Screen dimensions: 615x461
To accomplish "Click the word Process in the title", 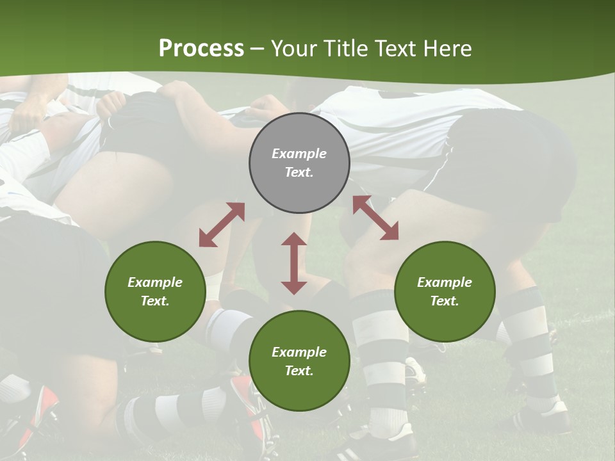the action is click(x=201, y=48).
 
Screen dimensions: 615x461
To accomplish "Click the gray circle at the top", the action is click(x=299, y=163).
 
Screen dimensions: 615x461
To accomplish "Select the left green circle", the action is click(x=155, y=291).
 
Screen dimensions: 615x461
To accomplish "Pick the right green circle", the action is click(x=445, y=291).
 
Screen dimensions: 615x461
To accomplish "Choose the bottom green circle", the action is click(x=299, y=360).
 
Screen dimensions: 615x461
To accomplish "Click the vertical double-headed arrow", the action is click(x=294, y=263).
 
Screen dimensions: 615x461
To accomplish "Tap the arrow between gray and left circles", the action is click(x=222, y=225).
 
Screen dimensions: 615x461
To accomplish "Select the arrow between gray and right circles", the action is click(x=376, y=218).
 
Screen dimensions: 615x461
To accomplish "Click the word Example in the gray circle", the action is click(x=299, y=153).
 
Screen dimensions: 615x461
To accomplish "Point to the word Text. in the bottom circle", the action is click(x=299, y=371).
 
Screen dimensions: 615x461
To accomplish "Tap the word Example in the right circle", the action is click(x=445, y=282).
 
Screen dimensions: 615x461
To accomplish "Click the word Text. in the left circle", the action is click(x=155, y=301).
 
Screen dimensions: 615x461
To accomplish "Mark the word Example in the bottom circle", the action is click(x=299, y=352).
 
